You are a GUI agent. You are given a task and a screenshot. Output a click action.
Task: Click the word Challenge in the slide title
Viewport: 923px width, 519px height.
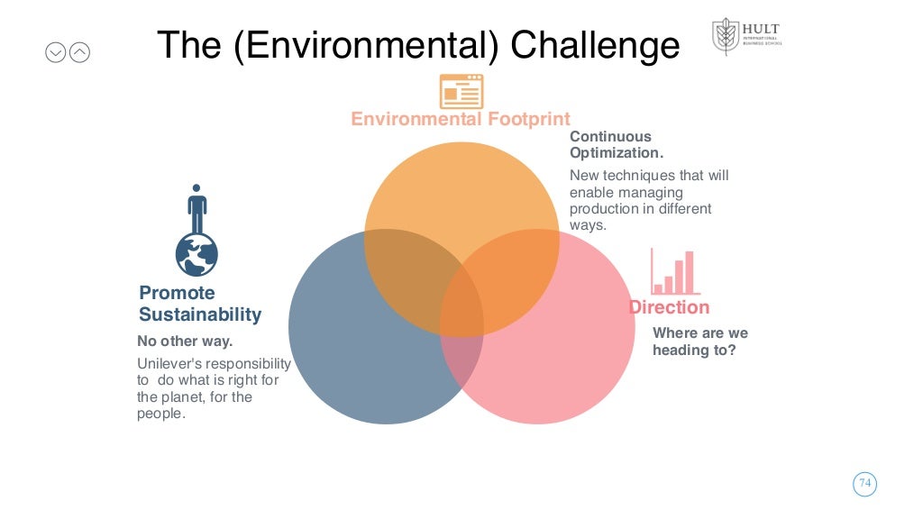tap(595, 45)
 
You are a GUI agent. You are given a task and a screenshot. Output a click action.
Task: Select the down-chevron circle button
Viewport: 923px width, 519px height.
tap(56, 53)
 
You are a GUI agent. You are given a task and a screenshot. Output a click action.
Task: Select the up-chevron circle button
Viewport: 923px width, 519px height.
tap(79, 53)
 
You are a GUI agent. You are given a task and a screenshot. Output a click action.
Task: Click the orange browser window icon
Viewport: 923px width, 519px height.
tap(461, 91)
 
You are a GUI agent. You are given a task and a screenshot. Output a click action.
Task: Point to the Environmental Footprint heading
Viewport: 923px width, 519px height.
tap(460, 119)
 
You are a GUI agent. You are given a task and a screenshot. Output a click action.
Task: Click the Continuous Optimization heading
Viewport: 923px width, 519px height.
tap(610, 145)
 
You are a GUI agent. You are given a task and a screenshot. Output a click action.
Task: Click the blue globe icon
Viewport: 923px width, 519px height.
tap(196, 253)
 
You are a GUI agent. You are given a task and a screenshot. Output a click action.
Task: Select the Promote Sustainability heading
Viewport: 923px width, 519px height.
tap(199, 304)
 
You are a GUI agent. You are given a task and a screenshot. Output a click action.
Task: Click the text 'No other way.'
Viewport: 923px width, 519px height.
tap(185, 341)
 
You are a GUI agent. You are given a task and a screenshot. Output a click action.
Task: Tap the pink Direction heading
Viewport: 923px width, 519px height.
tap(669, 307)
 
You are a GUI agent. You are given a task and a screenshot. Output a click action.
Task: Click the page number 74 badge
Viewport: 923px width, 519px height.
tap(865, 484)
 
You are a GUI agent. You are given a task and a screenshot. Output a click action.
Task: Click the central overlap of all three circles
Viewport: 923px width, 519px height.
tap(461, 293)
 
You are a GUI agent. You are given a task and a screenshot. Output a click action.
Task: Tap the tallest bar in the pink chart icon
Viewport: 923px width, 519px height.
tap(690, 272)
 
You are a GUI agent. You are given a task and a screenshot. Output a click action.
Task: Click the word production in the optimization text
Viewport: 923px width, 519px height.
tap(601, 209)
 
